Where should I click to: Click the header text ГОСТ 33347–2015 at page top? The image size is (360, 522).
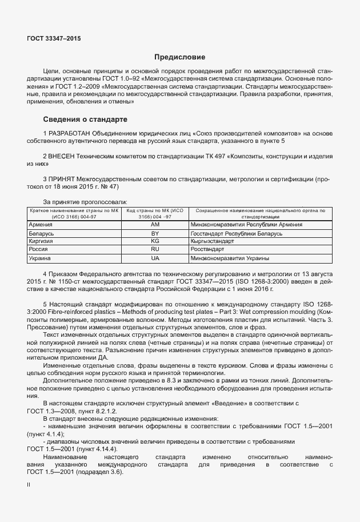pyautogui.click(x=54, y=38)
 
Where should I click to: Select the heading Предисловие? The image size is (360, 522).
pyautogui.click(x=180, y=57)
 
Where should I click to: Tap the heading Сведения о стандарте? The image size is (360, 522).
pyautogui.click(x=86, y=119)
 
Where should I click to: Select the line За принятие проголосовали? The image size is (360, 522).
pyautogui.click(x=85, y=202)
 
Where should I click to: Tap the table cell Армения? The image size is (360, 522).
pyautogui.click(x=41, y=225)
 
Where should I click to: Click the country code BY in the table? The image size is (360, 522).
pyautogui.click(x=154, y=234)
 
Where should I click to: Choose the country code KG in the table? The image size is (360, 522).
pyautogui.click(x=154, y=242)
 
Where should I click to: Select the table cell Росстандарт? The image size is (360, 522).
pyautogui.click(x=209, y=250)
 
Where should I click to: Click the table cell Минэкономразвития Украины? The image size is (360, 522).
pyautogui.click(x=229, y=258)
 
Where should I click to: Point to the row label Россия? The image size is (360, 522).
pyautogui.click(x=38, y=250)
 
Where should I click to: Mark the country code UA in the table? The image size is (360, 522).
pyautogui.click(x=154, y=258)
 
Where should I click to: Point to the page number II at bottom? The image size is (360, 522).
pyautogui.click(x=29, y=484)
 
